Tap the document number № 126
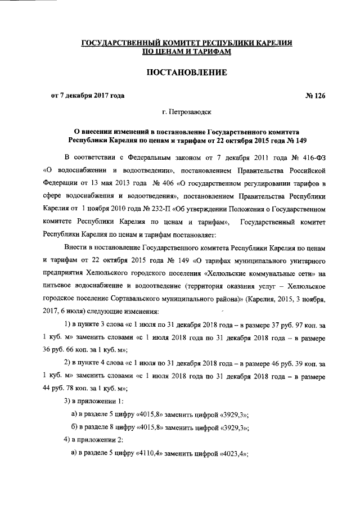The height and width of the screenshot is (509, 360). click(315, 95)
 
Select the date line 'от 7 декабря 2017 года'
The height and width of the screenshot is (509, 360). click(88, 95)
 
